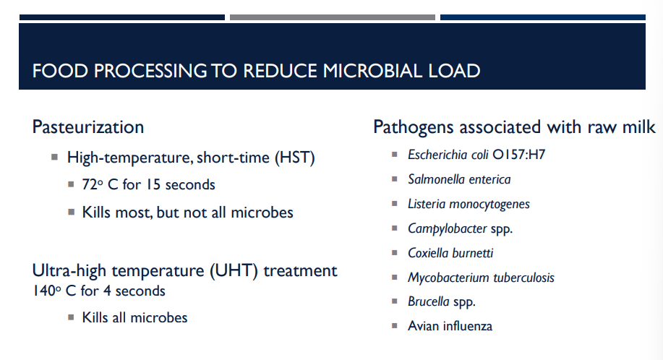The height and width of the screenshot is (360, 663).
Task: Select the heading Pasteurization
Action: click(x=88, y=127)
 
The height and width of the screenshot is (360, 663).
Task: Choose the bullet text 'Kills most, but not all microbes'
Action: click(x=188, y=213)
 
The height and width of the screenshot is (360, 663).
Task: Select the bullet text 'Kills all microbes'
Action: click(x=134, y=317)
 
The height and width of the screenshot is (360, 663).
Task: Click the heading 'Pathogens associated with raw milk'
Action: click(x=514, y=127)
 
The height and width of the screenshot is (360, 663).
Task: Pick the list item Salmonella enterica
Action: click(x=459, y=179)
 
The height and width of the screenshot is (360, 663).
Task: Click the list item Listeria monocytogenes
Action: click(x=469, y=204)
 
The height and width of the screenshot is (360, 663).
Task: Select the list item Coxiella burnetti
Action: click(x=450, y=253)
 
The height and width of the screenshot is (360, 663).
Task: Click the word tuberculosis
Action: click(x=524, y=278)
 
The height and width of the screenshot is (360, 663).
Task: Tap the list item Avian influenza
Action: click(x=450, y=326)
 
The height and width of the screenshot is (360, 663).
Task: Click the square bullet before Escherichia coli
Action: click(x=394, y=154)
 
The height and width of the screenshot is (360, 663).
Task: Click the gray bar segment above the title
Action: click(x=333, y=17)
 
